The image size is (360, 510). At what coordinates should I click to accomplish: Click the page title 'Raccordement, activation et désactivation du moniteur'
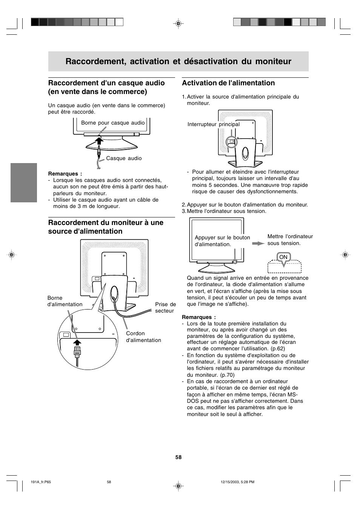pyautogui.click(x=178, y=62)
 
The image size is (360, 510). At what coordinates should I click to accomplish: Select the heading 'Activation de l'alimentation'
pyautogui.click(x=228, y=83)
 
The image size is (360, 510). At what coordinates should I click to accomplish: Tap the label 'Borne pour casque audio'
pyautogui.click(x=113, y=123)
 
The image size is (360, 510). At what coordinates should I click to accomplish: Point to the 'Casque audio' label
pyautogui.click(x=124, y=159)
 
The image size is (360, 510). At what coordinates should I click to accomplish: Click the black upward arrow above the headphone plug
pyautogui.click(x=99, y=141)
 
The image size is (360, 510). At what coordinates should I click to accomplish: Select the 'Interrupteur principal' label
pyautogui.click(x=214, y=125)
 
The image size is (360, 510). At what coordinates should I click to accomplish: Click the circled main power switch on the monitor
pyautogui.click(x=231, y=142)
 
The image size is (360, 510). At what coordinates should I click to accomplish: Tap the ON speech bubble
pyautogui.click(x=283, y=257)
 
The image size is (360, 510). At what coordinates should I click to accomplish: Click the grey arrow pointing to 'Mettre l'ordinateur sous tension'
pyautogui.click(x=258, y=243)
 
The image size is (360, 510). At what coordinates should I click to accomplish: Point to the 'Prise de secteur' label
pyautogui.click(x=165, y=308)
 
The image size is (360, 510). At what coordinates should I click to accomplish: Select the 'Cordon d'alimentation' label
pyautogui.click(x=143, y=337)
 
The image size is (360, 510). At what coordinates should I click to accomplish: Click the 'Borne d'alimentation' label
pyautogui.click(x=65, y=301)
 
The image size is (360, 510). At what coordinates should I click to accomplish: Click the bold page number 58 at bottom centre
pyautogui.click(x=178, y=457)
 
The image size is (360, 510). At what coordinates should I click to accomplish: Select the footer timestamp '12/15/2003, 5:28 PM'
pyautogui.click(x=237, y=482)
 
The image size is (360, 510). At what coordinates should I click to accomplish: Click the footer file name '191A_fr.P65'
pyautogui.click(x=40, y=482)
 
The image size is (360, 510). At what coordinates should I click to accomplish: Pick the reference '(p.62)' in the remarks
pyautogui.click(x=278, y=349)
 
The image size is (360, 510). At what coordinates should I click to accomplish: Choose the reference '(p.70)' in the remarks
pyautogui.click(x=227, y=375)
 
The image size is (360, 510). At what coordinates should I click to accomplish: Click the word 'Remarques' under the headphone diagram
pyautogui.click(x=63, y=174)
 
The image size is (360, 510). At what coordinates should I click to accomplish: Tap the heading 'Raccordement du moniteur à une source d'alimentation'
pyautogui.click(x=106, y=227)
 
